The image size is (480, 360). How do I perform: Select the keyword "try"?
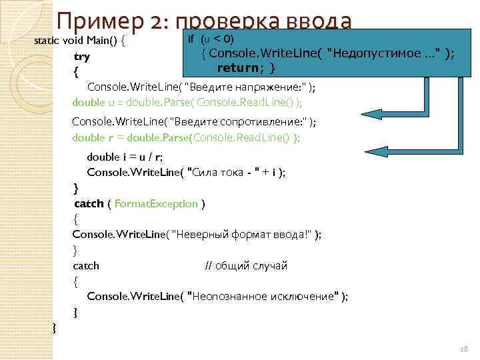pyautogui.click(x=82, y=57)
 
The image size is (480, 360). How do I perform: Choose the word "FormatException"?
pyautogui.click(x=156, y=203)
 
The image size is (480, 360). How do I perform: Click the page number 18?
pyautogui.click(x=465, y=349)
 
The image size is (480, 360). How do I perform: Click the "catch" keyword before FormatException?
pyautogui.click(x=89, y=203)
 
